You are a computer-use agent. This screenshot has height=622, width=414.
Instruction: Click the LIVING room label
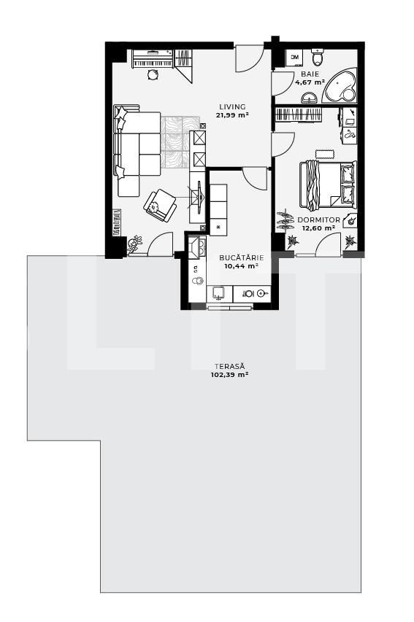tap(232, 106)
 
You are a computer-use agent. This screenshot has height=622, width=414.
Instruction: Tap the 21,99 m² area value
tap(232, 115)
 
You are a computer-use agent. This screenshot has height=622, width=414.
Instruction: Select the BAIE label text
tap(310, 74)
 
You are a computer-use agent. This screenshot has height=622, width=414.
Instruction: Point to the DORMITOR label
tap(318, 219)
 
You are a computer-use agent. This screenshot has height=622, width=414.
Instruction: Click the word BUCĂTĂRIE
tap(242, 258)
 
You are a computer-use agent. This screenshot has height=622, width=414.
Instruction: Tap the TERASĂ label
tap(230, 367)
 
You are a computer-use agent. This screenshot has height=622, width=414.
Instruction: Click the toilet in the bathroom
tap(318, 58)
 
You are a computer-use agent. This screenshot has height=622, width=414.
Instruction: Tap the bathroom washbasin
tap(309, 97)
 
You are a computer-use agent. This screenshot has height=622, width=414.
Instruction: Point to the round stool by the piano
tap(153, 74)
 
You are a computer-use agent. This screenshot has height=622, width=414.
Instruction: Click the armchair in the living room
tap(160, 205)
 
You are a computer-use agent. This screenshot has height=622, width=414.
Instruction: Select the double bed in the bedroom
tap(328, 185)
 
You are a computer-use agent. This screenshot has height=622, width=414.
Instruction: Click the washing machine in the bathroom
tap(294, 58)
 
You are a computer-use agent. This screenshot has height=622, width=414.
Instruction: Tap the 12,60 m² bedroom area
tap(318, 228)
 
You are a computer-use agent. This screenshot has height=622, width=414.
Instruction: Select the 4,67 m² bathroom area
tap(310, 82)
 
